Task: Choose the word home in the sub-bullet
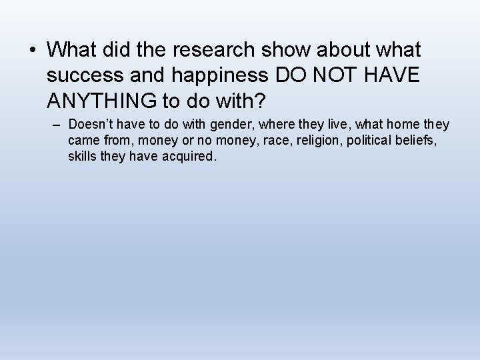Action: pyautogui.click(x=409, y=125)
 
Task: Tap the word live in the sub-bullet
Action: pyautogui.click(x=333, y=125)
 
